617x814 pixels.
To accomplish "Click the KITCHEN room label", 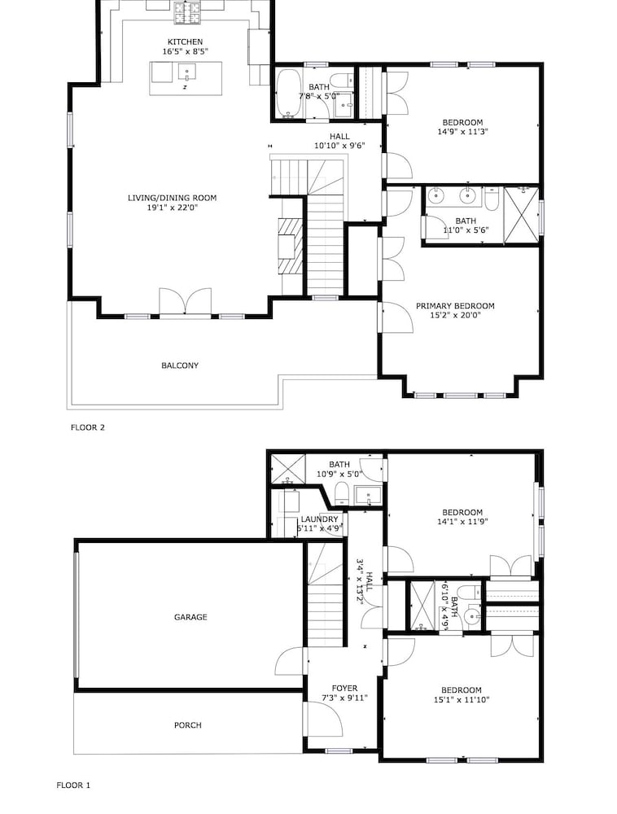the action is pos(185,42).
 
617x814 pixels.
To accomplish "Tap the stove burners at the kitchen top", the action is pos(187,13).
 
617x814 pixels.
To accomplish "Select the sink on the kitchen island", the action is pos(187,71).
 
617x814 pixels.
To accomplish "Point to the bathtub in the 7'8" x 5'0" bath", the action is pos(288,93).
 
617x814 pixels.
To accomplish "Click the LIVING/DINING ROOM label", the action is pos(173,198).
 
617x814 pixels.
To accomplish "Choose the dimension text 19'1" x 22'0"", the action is pos(173,208).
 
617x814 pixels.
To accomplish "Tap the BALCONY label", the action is pos(180,365).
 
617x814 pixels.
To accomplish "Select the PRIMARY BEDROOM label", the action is pos(455,306).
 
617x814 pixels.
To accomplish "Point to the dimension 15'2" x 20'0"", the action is pos(455,315).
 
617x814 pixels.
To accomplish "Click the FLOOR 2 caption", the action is pos(88,427).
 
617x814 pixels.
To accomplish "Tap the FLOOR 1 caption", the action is pos(73,786).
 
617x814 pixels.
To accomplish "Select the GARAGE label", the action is pos(190,617).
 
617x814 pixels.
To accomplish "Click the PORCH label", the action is pos(188,725).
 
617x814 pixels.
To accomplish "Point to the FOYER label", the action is pos(344,689).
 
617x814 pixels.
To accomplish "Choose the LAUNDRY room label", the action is pos(320,519).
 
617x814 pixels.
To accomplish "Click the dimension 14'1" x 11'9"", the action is pos(462,522).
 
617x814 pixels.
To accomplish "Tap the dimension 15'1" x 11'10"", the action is pos(462,699).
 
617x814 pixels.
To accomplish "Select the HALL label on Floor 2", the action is pos(339,137).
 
